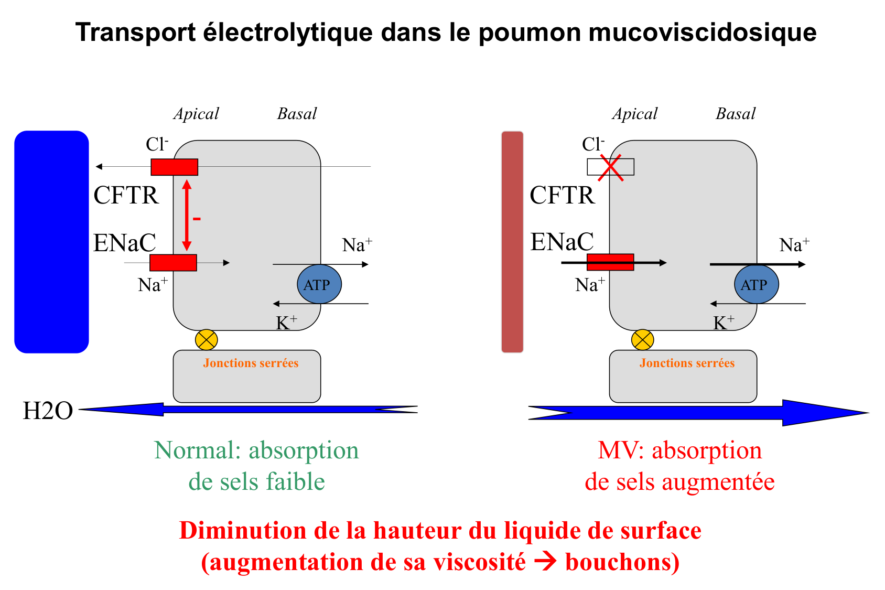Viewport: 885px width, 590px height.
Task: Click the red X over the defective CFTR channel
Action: tap(611, 167)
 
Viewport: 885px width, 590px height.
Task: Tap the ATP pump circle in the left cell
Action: tap(319, 284)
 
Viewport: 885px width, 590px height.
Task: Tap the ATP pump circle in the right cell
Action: tap(756, 284)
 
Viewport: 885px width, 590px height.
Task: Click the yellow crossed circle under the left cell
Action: tap(206, 340)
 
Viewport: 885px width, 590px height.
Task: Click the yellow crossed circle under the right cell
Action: tap(642, 340)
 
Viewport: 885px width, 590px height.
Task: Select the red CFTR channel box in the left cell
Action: tap(174, 167)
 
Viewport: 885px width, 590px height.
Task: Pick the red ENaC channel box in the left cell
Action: tap(173, 262)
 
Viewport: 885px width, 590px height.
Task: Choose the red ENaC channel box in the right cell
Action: tap(610, 262)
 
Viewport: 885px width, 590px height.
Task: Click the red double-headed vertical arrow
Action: tap(187, 215)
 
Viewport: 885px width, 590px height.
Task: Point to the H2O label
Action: tap(48, 411)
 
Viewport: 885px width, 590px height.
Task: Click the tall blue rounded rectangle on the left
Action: tap(51, 241)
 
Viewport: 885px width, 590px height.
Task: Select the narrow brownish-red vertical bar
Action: tap(512, 241)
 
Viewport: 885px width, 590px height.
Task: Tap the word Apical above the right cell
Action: tap(634, 114)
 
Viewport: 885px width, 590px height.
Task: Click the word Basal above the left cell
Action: tap(297, 114)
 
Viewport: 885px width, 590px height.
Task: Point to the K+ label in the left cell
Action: tap(286, 323)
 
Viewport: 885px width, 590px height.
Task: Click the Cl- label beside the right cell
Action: tap(593, 144)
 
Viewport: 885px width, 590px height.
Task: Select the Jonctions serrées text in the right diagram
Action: tap(687, 363)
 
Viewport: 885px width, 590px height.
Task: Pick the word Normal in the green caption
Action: tap(195, 450)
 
